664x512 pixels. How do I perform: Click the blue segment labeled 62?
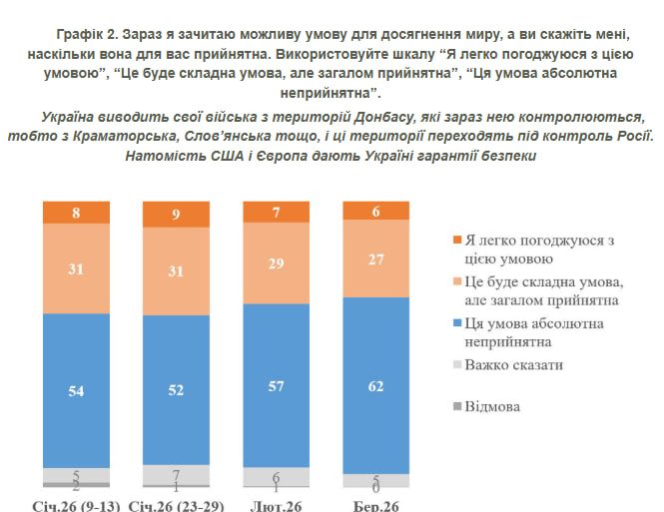[x=376, y=384]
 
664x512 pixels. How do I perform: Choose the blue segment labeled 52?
[x=176, y=390]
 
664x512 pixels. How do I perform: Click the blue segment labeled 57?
[x=277, y=386]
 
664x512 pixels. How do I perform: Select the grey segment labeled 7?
[x=176, y=472]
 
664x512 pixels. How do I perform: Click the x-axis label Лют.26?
[x=277, y=505]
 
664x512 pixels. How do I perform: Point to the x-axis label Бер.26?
[x=376, y=505]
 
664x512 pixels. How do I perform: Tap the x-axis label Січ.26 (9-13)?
[x=77, y=505]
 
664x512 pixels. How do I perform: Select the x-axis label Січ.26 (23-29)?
[x=176, y=505]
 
